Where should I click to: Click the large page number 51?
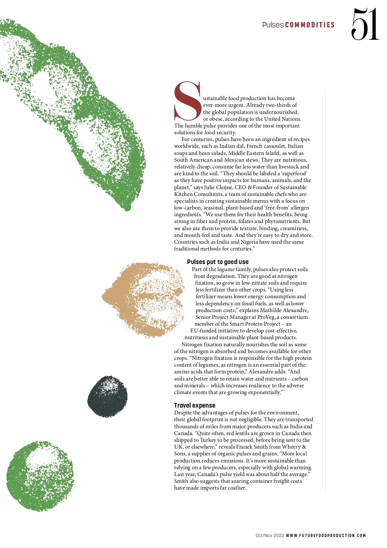365,25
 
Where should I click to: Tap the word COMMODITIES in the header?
310,25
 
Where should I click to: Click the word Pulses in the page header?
273,25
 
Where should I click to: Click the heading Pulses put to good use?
218,262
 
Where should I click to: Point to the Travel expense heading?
194,405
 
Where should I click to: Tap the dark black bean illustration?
107,396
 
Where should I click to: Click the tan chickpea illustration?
144,300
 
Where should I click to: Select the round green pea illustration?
40,476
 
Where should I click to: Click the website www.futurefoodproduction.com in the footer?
326,535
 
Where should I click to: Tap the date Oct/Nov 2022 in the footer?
270,535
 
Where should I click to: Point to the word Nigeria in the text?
249,242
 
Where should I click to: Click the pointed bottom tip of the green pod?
127,208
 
